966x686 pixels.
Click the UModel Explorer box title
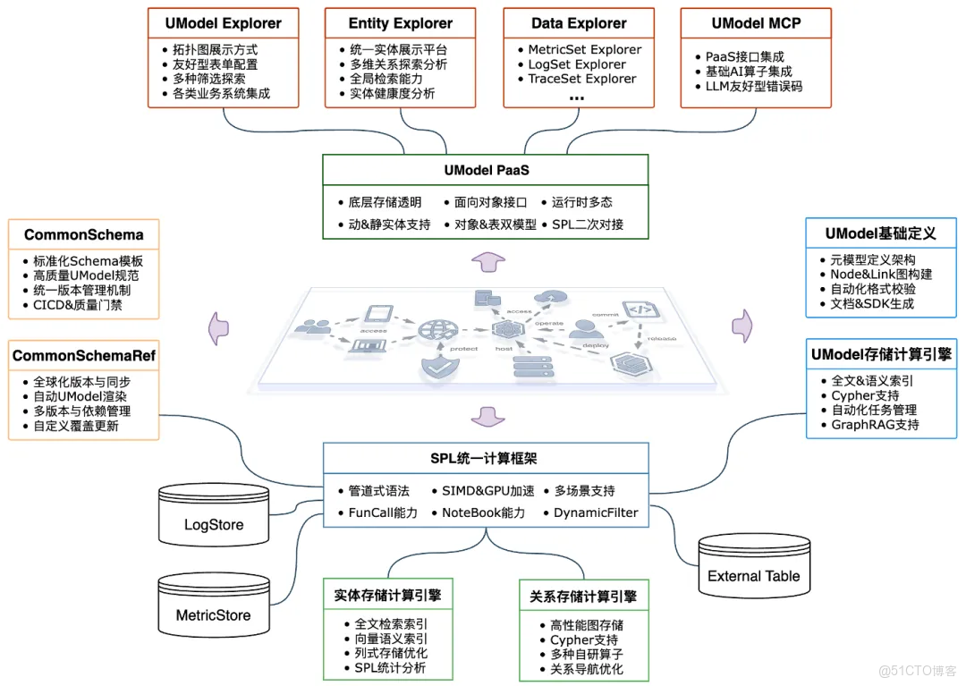point(223,23)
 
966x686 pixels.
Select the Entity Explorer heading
point(401,23)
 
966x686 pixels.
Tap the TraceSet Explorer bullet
point(582,79)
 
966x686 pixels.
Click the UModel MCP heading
point(756,23)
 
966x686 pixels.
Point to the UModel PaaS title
point(486,170)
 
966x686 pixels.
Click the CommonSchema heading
point(83,235)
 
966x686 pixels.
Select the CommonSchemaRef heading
point(83,356)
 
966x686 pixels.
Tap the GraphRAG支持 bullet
point(875,425)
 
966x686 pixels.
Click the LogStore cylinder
point(214,521)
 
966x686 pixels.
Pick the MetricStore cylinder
point(213,611)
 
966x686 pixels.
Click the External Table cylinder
point(753,572)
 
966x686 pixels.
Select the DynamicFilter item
point(596,512)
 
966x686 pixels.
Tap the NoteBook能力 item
point(483,512)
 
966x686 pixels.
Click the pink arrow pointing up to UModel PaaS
point(487,261)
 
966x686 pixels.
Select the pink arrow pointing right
point(743,324)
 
